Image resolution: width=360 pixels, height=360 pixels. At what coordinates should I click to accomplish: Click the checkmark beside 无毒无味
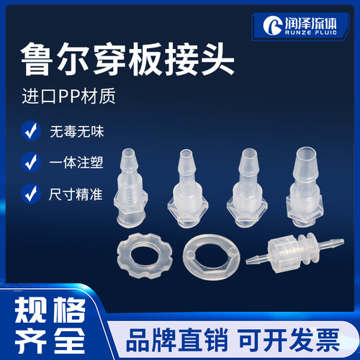30,132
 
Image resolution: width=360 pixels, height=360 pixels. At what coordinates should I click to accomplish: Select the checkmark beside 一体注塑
30,162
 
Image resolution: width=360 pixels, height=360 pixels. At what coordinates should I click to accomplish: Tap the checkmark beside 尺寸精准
30,193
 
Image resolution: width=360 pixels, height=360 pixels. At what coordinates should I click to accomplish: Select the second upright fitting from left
190,193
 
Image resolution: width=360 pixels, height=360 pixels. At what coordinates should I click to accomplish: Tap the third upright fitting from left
248,193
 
